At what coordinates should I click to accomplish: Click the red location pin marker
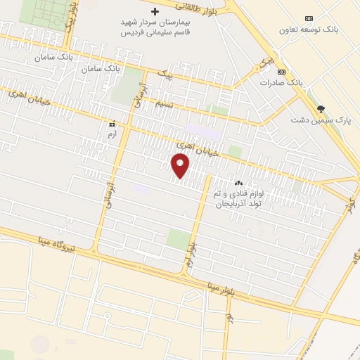[x=181, y=166]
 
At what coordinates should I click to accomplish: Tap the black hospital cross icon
[x=155, y=12]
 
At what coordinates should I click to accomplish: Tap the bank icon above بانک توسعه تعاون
[x=308, y=18]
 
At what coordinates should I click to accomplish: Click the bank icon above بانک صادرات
[x=281, y=72]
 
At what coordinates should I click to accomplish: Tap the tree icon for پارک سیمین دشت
[x=321, y=108]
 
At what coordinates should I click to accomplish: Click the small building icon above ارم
[x=111, y=123]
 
